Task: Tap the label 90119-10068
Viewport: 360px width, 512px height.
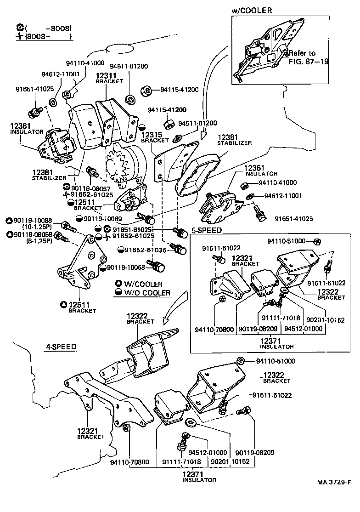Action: tap(126, 267)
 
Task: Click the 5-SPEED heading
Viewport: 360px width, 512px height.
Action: tap(207, 230)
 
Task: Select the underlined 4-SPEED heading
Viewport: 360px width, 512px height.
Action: tap(61, 347)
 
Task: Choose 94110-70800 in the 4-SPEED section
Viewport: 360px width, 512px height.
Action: tap(129, 461)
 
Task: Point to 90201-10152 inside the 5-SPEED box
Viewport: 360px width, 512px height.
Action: tap(325, 320)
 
